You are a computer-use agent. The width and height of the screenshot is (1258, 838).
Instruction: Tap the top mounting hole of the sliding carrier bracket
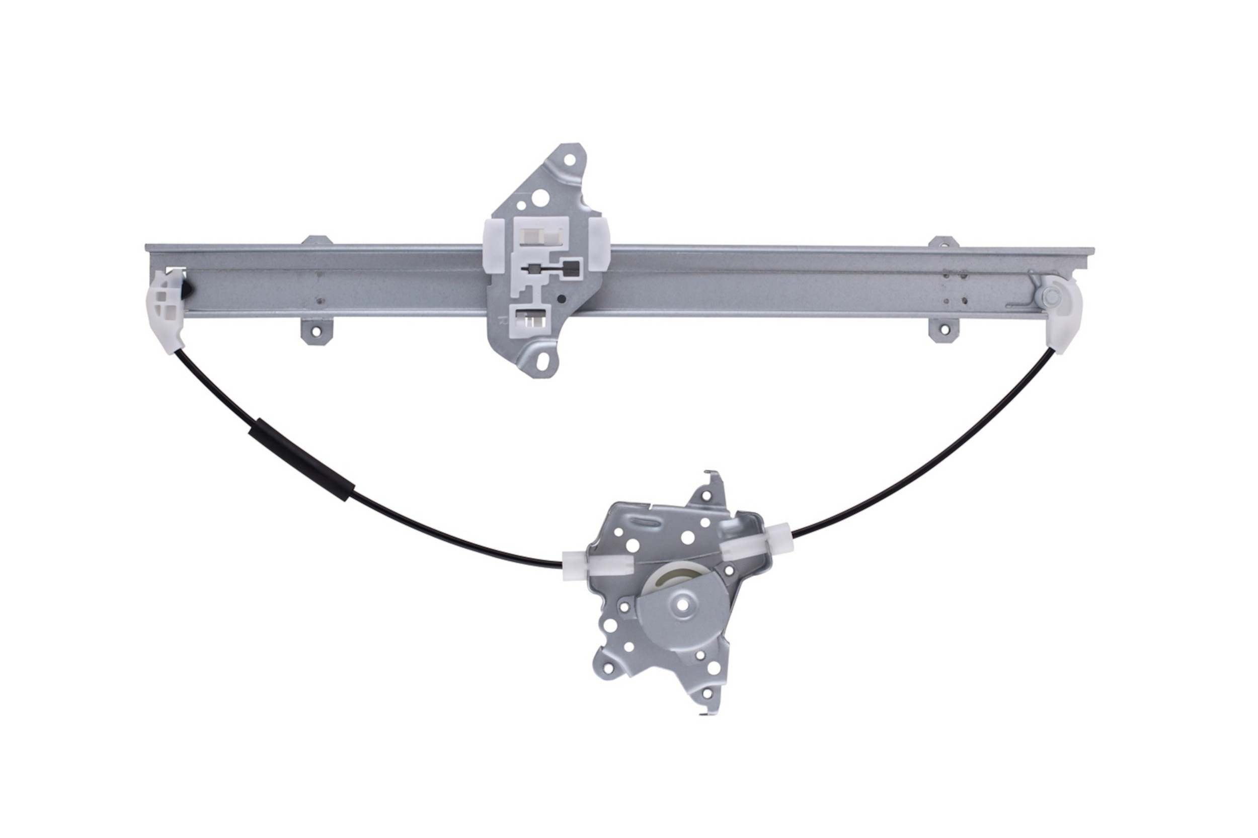(569, 160)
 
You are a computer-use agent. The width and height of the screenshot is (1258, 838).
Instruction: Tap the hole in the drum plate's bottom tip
(707, 693)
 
